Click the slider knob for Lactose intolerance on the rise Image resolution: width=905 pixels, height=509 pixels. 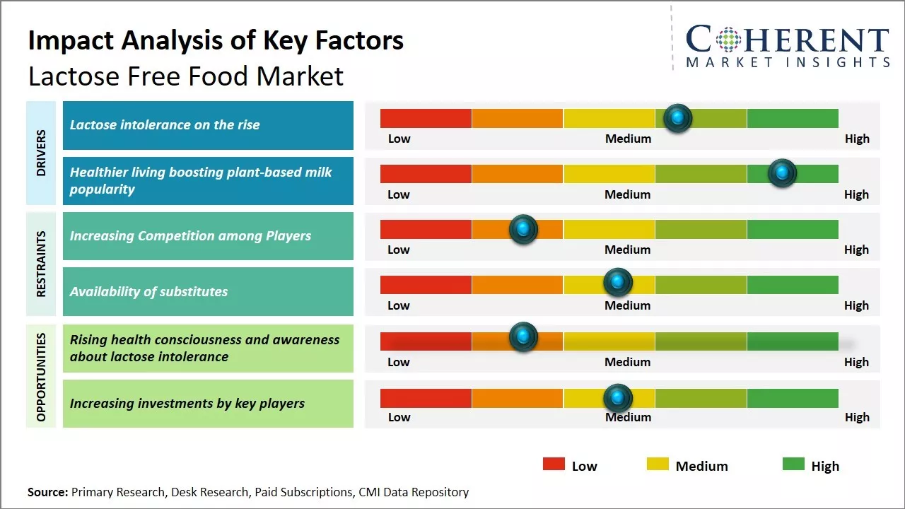coord(677,118)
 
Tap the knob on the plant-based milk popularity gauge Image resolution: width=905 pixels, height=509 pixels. coord(782,173)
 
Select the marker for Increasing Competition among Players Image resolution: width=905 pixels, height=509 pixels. coord(523,229)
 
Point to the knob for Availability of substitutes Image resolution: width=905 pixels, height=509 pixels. coord(617,283)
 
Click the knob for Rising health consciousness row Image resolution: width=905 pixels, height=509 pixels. coord(523,337)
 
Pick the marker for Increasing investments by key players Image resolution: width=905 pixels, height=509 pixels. coord(617,398)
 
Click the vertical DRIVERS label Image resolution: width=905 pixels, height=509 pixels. coord(41,153)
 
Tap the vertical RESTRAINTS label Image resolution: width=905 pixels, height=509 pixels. coord(41,264)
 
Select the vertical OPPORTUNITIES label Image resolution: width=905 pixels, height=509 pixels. coord(41,377)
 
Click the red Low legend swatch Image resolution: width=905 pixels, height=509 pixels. coord(554,464)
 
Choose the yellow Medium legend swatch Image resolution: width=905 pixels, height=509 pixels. coord(658,464)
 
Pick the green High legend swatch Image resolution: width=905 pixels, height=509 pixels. coord(793,464)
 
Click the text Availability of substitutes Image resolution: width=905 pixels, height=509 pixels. coord(148,291)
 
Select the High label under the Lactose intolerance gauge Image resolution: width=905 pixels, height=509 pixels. coord(857,139)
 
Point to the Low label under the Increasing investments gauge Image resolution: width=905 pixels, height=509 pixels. coord(399,417)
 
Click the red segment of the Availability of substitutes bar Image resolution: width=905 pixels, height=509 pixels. coord(426,284)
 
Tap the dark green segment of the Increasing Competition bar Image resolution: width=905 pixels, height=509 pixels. coord(792,229)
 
